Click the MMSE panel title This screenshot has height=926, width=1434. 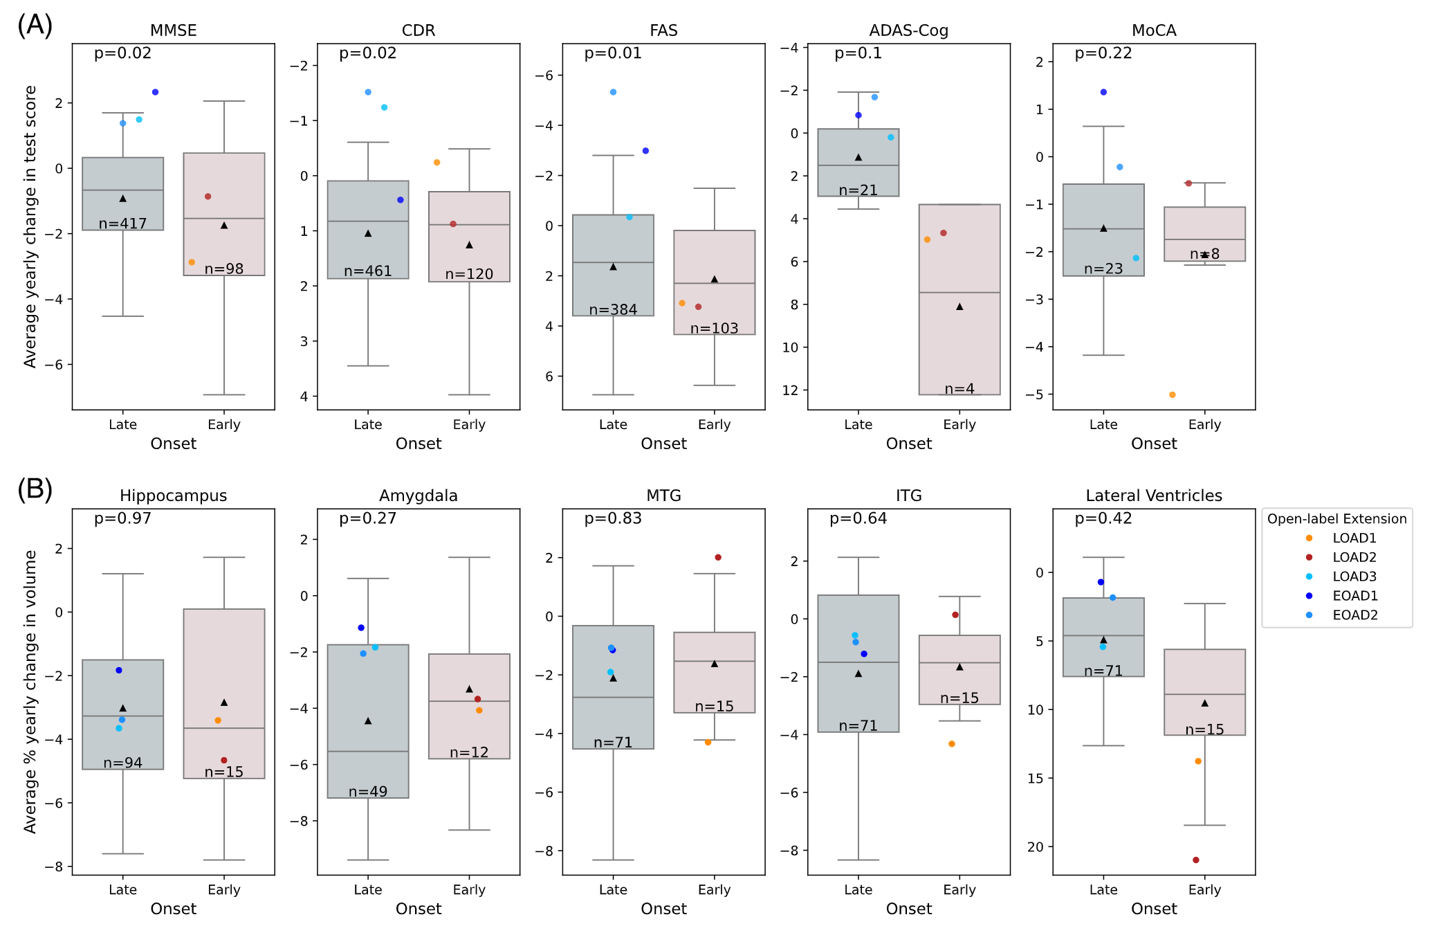(173, 30)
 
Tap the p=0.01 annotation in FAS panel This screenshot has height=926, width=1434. (612, 53)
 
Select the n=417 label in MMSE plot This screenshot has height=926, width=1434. (122, 224)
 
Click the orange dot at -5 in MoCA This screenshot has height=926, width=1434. (1172, 394)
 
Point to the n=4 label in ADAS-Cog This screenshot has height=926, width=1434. (959, 389)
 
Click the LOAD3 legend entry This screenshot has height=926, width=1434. (1354, 577)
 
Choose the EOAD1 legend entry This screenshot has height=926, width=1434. (1354, 596)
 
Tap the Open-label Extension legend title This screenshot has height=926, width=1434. (1336, 519)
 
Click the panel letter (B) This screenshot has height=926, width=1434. (35, 489)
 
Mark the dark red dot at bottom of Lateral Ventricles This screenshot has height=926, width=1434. (1195, 860)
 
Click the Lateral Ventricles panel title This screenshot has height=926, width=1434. (1153, 496)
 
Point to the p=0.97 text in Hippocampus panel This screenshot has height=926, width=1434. (122, 518)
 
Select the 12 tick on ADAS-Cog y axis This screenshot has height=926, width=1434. (790, 390)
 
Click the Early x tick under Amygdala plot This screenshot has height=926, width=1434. (468, 889)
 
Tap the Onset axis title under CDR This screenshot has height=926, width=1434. (418, 444)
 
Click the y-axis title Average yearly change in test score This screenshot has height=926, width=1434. (30, 226)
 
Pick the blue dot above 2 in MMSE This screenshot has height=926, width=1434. (155, 92)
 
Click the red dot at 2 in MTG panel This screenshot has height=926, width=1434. (717, 557)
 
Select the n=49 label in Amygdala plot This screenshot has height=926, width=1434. (367, 792)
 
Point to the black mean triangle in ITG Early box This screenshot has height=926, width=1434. (959, 666)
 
